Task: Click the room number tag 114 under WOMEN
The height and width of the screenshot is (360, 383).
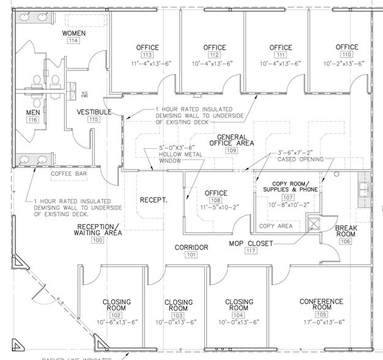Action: pos(73,41)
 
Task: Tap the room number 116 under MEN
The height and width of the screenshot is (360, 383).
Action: pos(32,120)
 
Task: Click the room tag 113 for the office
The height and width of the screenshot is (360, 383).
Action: pos(147,55)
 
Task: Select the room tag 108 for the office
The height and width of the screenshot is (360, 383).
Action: pos(215,200)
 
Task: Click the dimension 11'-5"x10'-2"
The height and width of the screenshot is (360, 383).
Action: pos(215,208)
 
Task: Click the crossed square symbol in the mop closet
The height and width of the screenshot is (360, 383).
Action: pos(314,223)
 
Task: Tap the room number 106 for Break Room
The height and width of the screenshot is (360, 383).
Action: pos(346,241)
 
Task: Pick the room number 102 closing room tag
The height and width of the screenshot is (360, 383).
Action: pos(116,315)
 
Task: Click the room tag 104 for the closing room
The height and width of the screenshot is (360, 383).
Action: pos(239,315)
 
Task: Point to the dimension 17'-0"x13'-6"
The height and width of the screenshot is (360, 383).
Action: pos(321,322)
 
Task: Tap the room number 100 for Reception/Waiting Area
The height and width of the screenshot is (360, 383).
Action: pos(97,241)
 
